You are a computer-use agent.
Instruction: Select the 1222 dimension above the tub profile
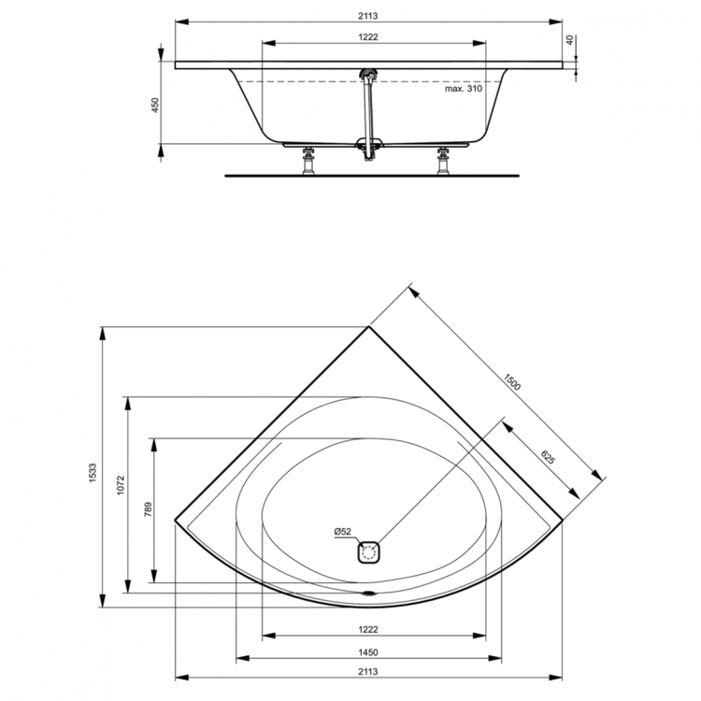click(374, 36)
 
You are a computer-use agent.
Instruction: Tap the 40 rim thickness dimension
click(569, 40)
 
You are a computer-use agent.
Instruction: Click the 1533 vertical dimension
click(93, 467)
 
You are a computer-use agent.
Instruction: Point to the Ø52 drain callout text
click(342, 532)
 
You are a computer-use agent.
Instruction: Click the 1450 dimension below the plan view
click(374, 651)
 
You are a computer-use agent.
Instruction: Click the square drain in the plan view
click(368, 551)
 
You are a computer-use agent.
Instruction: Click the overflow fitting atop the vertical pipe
click(367, 73)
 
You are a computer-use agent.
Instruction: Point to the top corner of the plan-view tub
click(369, 326)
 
